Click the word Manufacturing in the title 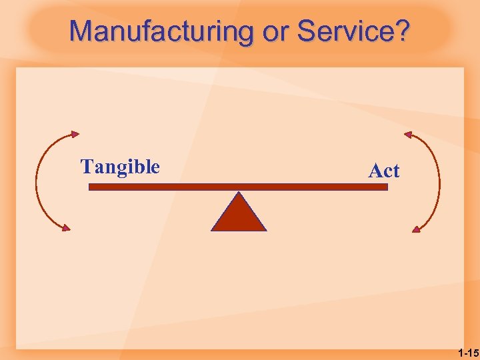(162, 31)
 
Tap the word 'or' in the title (275, 31)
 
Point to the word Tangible (120, 167)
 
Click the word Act (384, 171)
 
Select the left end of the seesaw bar (91, 187)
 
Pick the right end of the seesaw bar (385, 187)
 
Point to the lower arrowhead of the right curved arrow (416, 229)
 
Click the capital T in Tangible (86, 167)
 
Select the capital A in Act (375, 171)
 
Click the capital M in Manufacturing (81, 31)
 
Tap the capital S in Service (308, 31)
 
